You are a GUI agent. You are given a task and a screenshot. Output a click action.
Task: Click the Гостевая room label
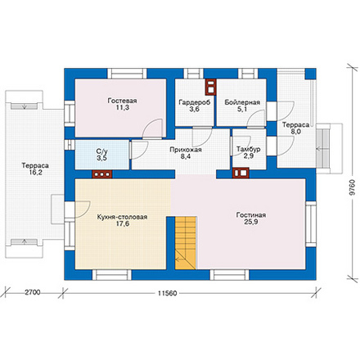(x=122, y=101)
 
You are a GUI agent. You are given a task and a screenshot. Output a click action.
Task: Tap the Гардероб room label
(x=195, y=102)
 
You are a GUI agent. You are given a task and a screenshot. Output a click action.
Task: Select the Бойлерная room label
(x=242, y=102)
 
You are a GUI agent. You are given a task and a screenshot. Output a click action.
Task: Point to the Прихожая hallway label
(x=186, y=150)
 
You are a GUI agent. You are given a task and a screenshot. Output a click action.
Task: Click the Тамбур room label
(x=248, y=150)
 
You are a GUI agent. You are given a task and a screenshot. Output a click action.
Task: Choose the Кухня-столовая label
(x=122, y=217)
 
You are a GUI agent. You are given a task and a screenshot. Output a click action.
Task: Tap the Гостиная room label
(x=251, y=215)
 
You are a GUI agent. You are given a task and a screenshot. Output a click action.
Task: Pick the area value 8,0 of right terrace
(x=295, y=132)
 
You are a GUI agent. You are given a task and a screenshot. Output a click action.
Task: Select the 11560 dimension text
(x=167, y=294)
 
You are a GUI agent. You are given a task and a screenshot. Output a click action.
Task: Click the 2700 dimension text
(x=33, y=293)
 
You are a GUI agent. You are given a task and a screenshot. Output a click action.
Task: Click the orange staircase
(x=186, y=243)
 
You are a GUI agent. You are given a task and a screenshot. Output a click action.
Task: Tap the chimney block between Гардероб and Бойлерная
(x=211, y=87)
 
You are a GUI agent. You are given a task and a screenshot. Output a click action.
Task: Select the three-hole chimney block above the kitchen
(x=102, y=174)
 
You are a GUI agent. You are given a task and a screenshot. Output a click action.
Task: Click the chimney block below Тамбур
(x=241, y=173)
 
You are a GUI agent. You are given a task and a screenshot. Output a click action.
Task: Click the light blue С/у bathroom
(x=101, y=155)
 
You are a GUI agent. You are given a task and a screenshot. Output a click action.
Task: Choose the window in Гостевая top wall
(x=127, y=74)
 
